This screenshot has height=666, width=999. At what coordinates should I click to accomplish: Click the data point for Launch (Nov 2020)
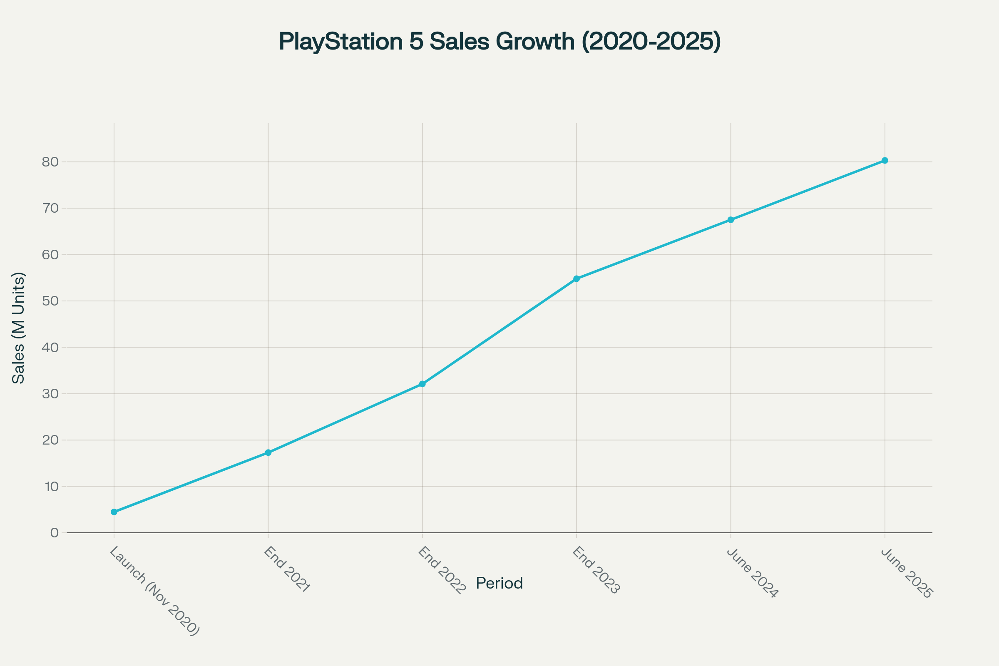click(x=114, y=512)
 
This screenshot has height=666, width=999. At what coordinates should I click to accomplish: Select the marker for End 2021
click(x=268, y=452)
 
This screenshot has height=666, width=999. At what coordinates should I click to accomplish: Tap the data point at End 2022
click(x=422, y=384)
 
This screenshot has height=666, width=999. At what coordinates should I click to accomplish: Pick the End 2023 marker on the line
click(x=577, y=278)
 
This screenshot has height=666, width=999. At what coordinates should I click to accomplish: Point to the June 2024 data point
click(x=731, y=220)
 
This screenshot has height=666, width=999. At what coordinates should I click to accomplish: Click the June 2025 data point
click(x=885, y=161)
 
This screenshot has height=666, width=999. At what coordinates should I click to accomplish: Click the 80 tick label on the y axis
click(x=50, y=162)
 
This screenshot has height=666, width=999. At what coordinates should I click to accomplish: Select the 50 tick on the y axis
click(x=50, y=301)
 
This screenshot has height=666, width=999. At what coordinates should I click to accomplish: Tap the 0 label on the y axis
click(x=55, y=533)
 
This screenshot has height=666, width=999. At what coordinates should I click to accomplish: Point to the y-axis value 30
click(x=50, y=394)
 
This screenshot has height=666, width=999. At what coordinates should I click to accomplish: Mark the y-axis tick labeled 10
click(x=51, y=486)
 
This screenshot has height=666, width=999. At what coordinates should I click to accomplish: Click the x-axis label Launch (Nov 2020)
click(x=154, y=591)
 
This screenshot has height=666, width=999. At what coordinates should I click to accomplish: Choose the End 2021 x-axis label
click(x=287, y=569)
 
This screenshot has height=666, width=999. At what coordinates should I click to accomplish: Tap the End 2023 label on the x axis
click(x=596, y=570)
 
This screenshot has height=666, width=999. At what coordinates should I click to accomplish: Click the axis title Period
click(x=499, y=583)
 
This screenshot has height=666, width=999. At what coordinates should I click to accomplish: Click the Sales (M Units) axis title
click(x=18, y=328)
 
